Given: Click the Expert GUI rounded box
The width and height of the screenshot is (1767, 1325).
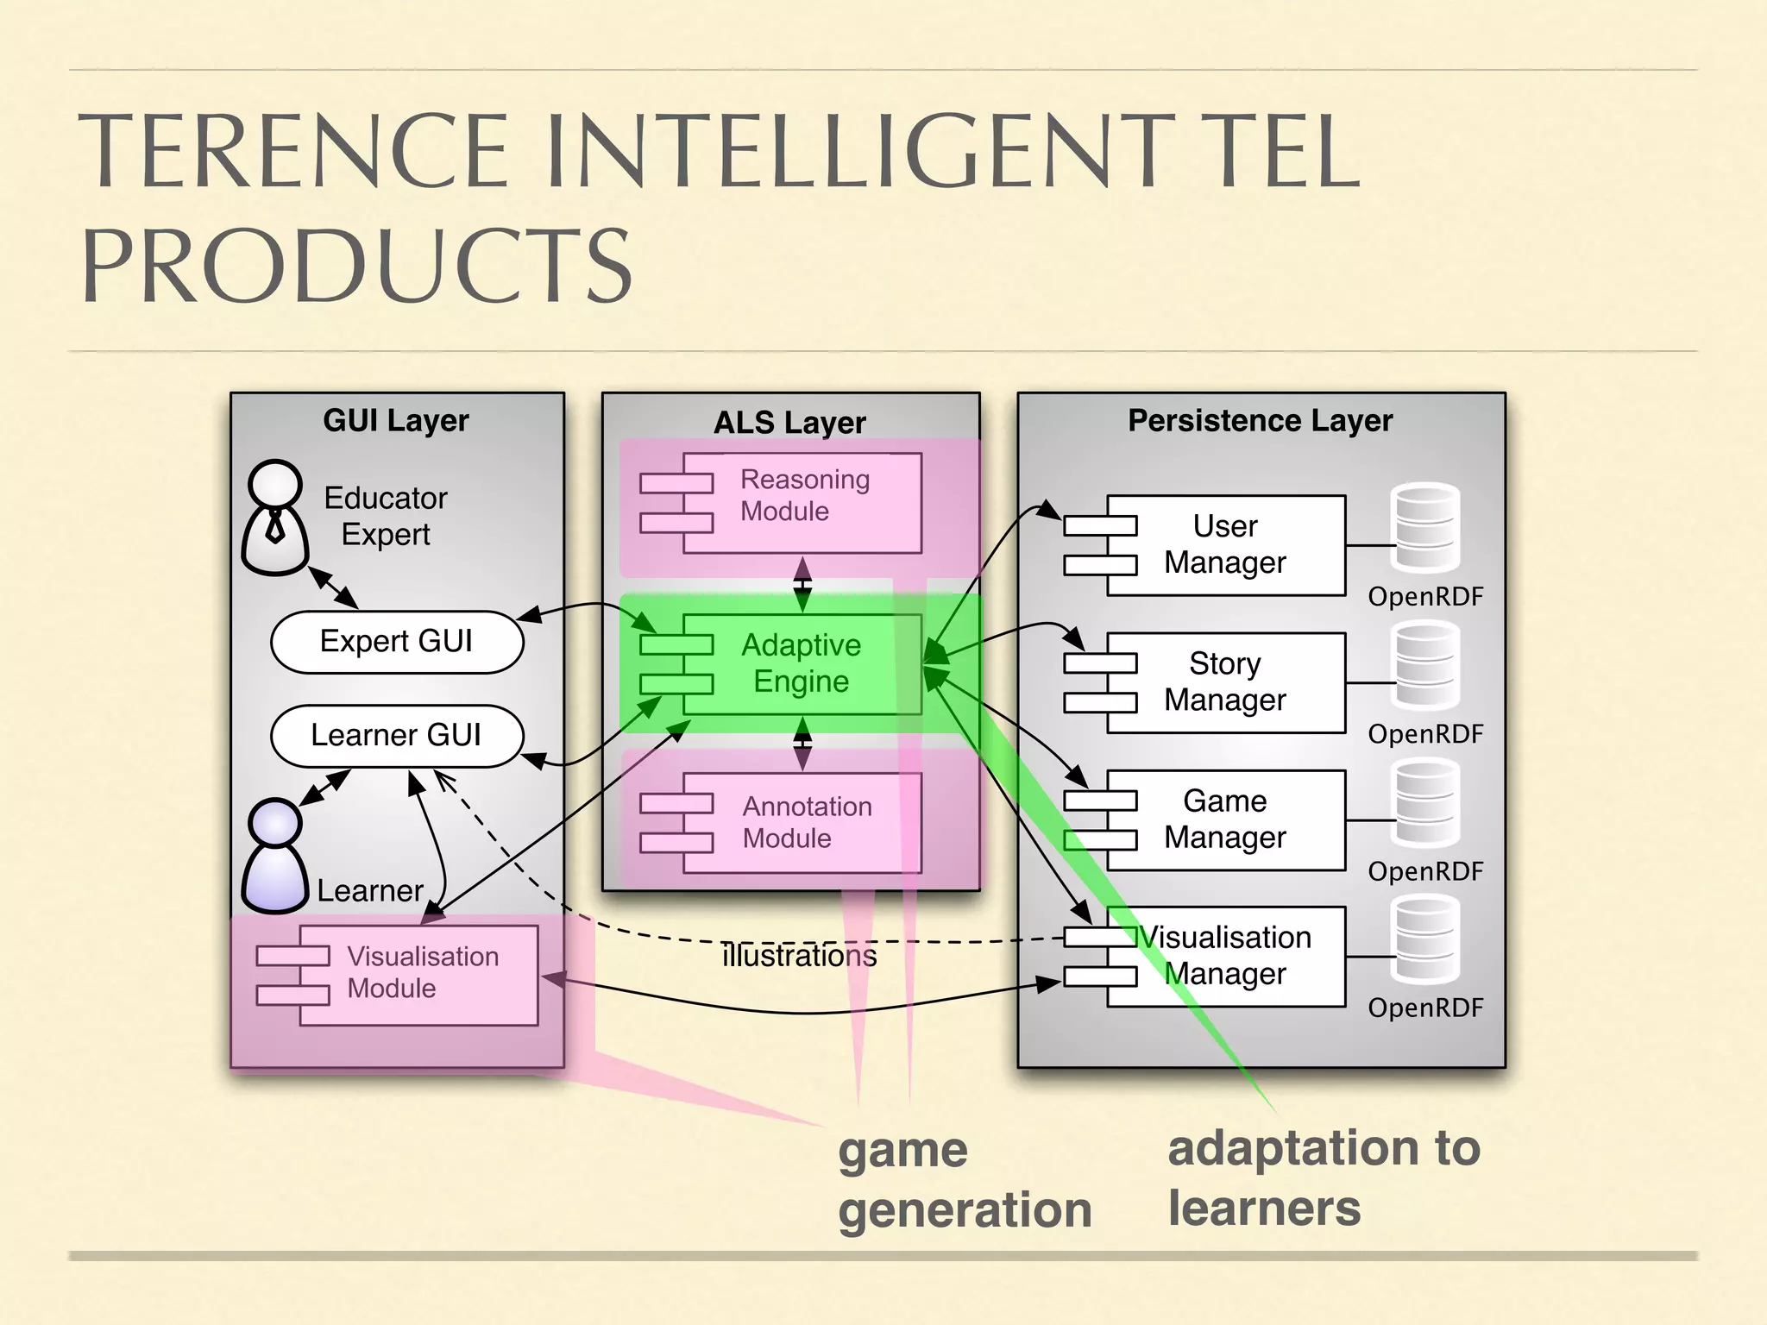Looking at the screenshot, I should point(397,642).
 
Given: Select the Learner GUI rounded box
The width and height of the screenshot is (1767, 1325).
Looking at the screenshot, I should point(397,736).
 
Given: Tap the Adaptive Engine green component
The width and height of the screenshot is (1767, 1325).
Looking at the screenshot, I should point(802,663).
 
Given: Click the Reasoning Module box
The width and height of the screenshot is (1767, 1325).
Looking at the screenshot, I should point(802,503).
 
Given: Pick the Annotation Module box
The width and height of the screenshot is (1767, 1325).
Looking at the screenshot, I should point(802,822).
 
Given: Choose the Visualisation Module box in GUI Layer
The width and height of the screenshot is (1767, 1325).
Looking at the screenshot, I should point(418,975).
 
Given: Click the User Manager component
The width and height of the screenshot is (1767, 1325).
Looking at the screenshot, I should point(1225,545).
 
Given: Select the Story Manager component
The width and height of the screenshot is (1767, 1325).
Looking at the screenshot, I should point(1225,682).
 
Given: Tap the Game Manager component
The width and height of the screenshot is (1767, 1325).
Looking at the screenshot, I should point(1225,819).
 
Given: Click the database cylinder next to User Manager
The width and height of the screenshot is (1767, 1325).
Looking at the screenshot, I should point(1425,528).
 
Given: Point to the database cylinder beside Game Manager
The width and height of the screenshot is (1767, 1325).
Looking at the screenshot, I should point(1425,803).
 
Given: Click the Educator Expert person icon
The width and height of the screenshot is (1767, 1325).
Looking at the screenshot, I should point(275,518).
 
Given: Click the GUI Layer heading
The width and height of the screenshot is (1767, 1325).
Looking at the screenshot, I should point(396,421).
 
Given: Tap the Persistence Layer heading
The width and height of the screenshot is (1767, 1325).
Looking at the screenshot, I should point(1260,421).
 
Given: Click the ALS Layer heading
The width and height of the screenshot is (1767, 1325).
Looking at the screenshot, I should point(789,423).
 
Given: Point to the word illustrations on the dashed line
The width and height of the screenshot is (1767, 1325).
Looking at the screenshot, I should point(799,956).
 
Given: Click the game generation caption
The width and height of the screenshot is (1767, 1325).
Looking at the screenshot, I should point(964,1179).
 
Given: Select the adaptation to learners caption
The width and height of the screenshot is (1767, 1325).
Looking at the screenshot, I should point(1323,1177).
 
